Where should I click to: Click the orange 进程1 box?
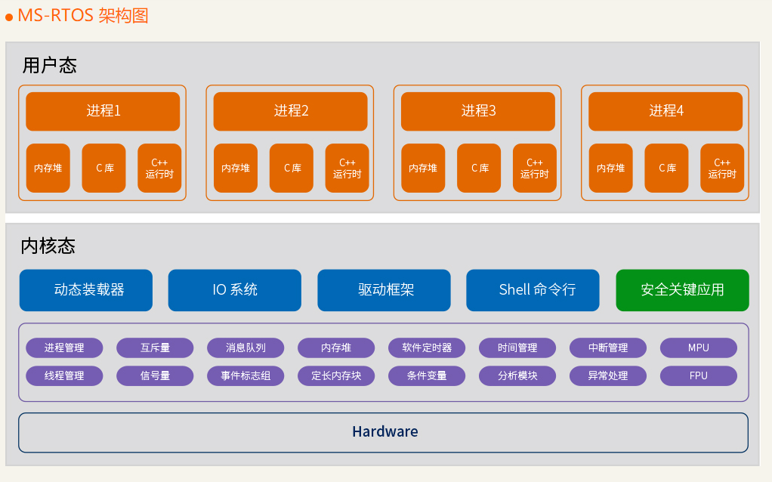pos(103,111)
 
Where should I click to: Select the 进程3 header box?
pos(477,111)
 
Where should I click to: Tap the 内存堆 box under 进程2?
pos(236,168)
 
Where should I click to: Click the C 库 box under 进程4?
pos(666,168)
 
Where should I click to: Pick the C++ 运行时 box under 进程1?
pos(159,168)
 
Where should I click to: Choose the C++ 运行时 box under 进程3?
pos(534,168)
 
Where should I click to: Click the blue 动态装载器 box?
pos(86,290)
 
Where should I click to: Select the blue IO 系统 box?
pos(234,290)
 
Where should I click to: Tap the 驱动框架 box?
pos(384,290)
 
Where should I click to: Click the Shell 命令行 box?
pos(533,290)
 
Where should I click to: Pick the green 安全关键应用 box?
pos(682,290)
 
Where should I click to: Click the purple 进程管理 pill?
pos(64,348)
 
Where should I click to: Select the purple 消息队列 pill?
pos(245,348)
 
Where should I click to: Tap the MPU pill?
pos(698,348)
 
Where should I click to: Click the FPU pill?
pos(698,375)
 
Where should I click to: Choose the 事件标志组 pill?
pos(245,375)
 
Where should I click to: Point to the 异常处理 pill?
pos(607,375)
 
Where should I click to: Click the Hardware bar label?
pos(384,432)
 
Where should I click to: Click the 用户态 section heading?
pos(50,66)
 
